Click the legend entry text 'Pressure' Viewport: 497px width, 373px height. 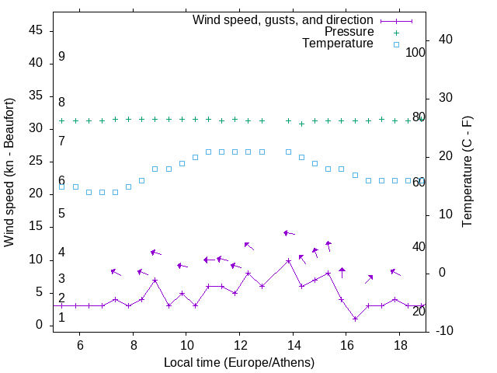coord(349,32)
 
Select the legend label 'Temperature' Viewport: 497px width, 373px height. coord(338,44)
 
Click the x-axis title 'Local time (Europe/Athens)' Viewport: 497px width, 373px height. coord(239,362)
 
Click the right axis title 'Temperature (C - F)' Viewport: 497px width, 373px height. coord(467,173)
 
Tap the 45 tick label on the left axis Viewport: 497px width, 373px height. coord(35,30)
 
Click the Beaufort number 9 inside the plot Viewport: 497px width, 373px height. coord(61,57)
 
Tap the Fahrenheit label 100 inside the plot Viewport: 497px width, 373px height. coord(415,52)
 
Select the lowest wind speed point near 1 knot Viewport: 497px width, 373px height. coord(355,319)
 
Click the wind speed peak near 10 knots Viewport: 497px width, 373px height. coord(288,260)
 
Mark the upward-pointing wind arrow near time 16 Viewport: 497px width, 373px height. coord(342,272)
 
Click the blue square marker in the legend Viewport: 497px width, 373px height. coord(396,44)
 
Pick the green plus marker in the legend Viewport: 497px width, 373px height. coord(396,33)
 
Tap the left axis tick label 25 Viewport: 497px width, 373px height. coord(35,161)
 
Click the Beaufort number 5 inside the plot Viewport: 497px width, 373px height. coord(61,213)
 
